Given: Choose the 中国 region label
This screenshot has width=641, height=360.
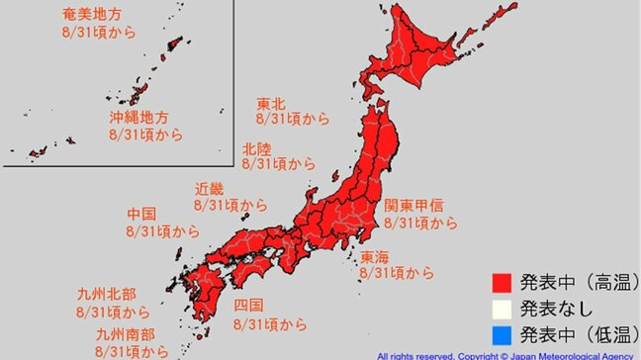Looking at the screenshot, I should (141, 214).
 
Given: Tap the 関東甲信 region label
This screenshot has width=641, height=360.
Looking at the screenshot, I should (413, 206).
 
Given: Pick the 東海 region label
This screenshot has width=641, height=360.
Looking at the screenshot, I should (375, 256).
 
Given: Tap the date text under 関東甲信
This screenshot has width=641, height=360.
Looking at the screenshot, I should (420, 223).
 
